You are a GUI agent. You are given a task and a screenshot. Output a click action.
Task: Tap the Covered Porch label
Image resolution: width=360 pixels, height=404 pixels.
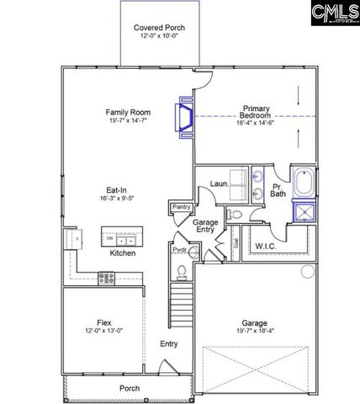pos(159,28)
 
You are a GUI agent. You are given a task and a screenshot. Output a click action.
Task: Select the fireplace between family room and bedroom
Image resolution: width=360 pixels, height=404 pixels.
pos(183,116)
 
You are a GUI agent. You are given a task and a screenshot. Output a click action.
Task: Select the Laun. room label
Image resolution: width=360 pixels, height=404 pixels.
pos(220,183)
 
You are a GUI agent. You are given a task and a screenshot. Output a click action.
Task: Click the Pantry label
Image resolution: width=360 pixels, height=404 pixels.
pos(181,206)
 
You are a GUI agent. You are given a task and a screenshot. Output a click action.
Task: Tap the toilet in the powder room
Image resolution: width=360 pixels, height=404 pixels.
pos(181,270)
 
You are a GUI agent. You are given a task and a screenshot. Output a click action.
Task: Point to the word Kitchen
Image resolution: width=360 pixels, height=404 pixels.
pos(123,252)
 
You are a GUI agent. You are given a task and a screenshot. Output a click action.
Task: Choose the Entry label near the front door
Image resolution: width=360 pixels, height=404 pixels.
pos(169,343)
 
